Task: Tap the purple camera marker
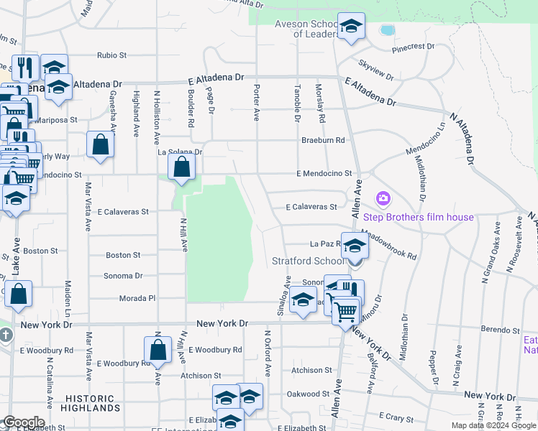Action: click(x=383, y=198)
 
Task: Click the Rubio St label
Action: click(x=111, y=55)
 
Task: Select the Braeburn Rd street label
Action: click(x=323, y=140)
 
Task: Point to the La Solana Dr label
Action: click(x=180, y=152)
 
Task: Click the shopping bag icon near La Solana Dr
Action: click(x=183, y=168)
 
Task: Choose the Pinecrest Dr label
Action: click(x=413, y=48)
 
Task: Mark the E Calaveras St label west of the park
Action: click(x=124, y=212)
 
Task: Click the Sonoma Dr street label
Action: click(x=124, y=276)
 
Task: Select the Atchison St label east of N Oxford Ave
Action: click(x=311, y=371)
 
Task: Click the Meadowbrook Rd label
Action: click(x=389, y=244)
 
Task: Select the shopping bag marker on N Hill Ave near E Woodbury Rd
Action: click(x=158, y=350)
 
